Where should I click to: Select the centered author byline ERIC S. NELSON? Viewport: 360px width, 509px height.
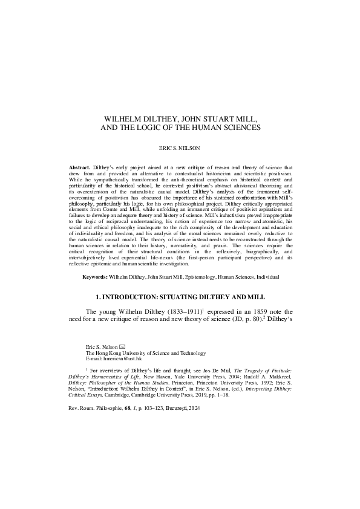pos(180,147)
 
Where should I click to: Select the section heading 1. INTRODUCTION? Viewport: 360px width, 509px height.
pos(180,297)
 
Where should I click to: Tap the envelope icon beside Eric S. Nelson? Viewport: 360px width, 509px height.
pos(122,346)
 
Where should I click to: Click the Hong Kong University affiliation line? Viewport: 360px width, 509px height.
pos(146,353)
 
